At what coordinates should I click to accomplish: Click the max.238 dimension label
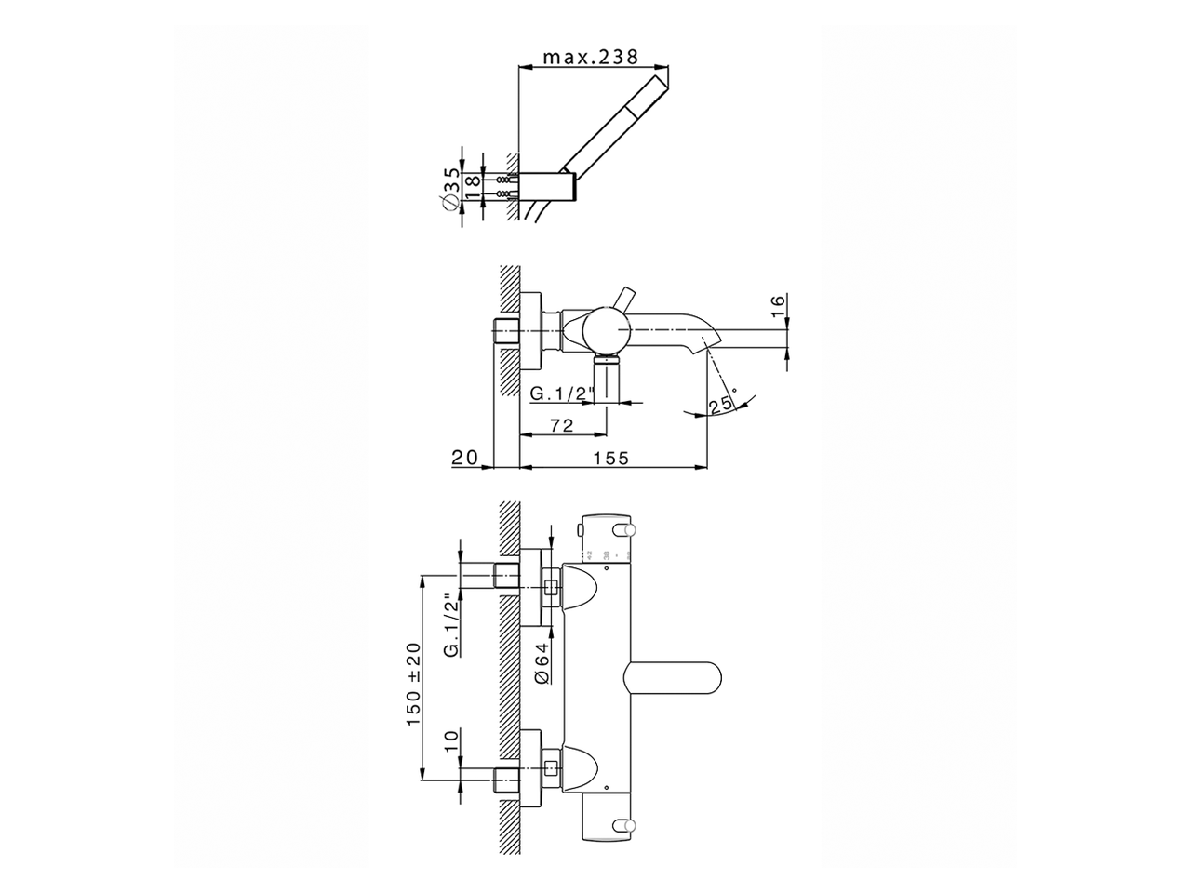[x=591, y=57]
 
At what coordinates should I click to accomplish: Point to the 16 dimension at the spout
[x=778, y=308]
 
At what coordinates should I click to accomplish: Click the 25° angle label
[x=721, y=405]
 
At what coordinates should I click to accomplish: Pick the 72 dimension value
[x=561, y=426]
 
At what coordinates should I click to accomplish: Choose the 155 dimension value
[x=611, y=458]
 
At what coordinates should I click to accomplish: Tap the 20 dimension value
[x=463, y=458]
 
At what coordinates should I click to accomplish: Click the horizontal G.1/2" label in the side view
[x=562, y=393]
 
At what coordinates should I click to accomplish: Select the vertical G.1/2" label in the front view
[x=450, y=625]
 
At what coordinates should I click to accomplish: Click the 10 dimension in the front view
[x=450, y=741]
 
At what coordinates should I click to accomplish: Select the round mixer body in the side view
[x=605, y=331]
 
